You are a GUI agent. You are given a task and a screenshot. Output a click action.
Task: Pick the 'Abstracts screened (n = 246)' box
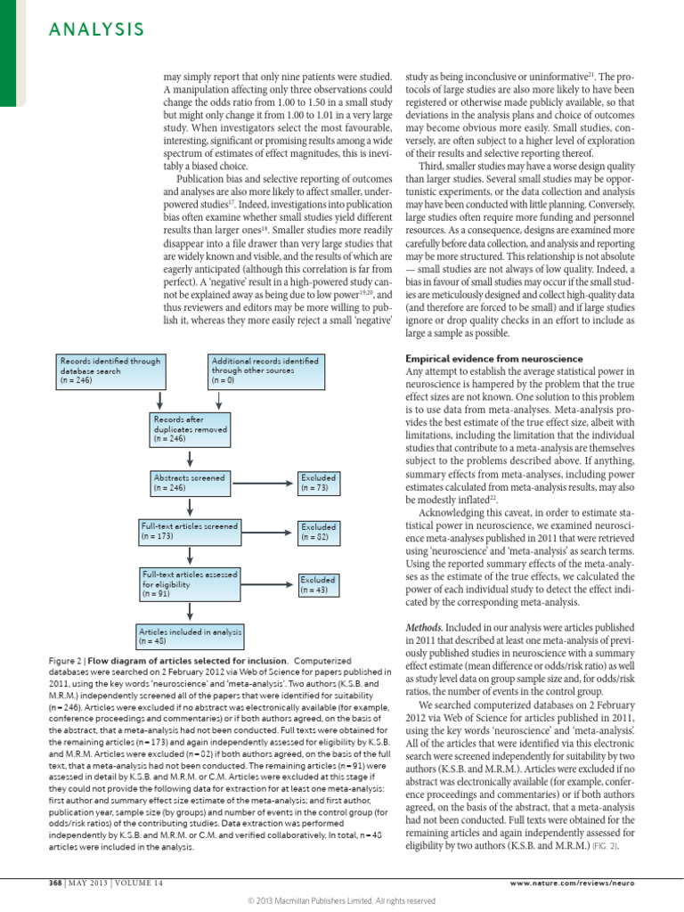click(189, 483)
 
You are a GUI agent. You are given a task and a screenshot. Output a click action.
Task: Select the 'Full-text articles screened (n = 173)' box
click(189, 532)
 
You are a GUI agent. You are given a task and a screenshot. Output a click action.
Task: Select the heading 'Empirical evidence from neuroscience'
click(482, 357)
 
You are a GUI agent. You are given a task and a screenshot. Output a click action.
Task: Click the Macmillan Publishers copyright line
click(341, 900)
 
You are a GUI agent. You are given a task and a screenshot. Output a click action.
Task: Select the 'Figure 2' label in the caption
click(69, 660)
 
